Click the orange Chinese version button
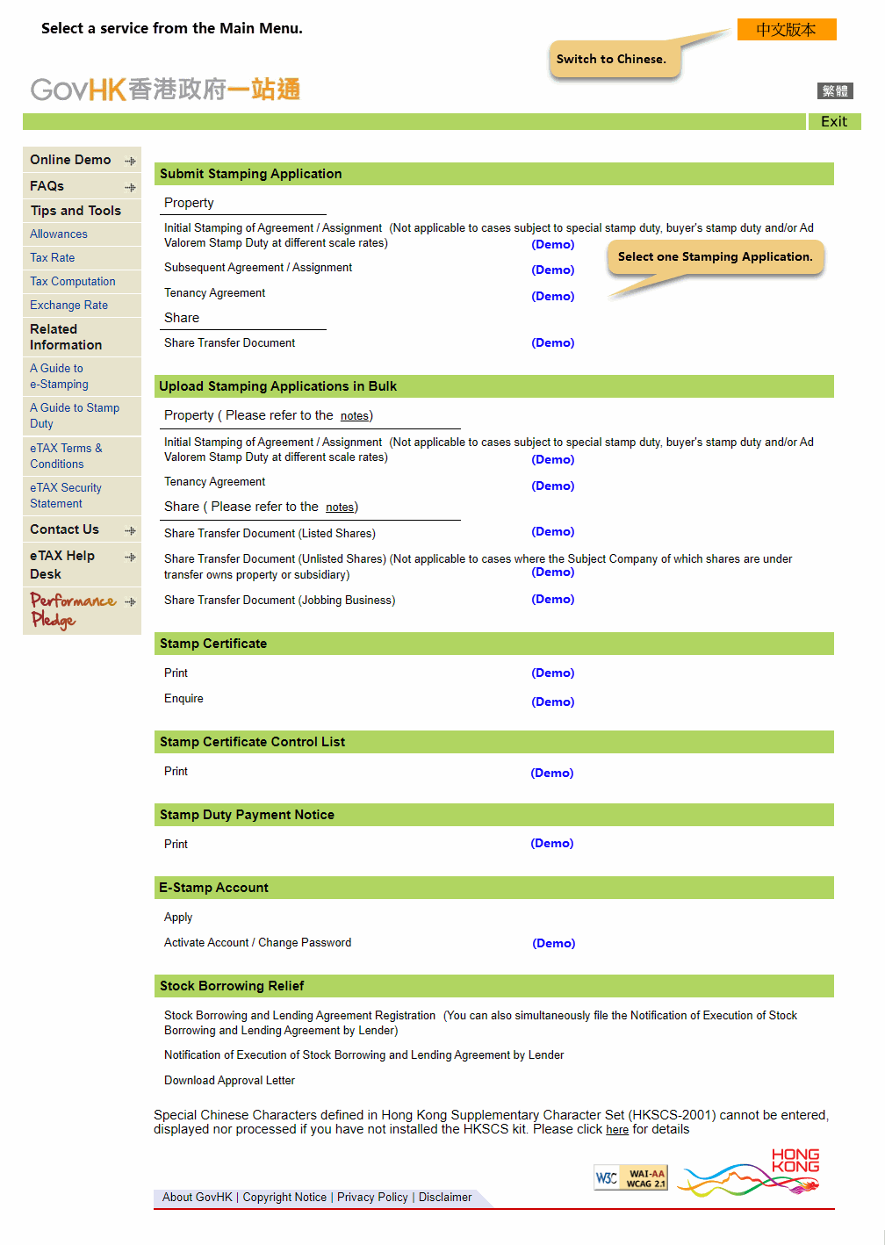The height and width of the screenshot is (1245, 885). (x=786, y=30)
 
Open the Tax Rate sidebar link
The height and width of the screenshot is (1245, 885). (x=53, y=258)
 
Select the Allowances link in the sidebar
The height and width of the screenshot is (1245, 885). (x=59, y=234)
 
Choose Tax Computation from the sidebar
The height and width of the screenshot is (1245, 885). (x=73, y=282)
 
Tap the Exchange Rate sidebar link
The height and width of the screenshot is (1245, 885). (x=68, y=306)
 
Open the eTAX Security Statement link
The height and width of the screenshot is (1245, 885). (x=65, y=495)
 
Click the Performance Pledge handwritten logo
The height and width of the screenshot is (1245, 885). (x=73, y=609)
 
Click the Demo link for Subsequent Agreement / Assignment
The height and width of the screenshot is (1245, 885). (x=552, y=270)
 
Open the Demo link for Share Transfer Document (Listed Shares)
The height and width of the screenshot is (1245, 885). (x=552, y=532)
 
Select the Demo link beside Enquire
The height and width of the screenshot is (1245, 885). (x=552, y=702)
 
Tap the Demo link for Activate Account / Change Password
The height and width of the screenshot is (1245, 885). (x=553, y=944)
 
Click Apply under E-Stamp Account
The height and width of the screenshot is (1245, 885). (x=178, y=918)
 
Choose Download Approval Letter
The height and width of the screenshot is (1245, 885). (x=229, y=1081)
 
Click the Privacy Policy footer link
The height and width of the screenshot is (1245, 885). (x=372, y=1198)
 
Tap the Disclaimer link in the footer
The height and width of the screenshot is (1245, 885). (x=445, y=1198)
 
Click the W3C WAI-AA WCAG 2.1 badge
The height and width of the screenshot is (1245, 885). (x=631, y=1178)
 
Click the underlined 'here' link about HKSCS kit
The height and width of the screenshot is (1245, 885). (x=617, y=1130)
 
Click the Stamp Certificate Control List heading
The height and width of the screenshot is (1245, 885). (x=252, y=743)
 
